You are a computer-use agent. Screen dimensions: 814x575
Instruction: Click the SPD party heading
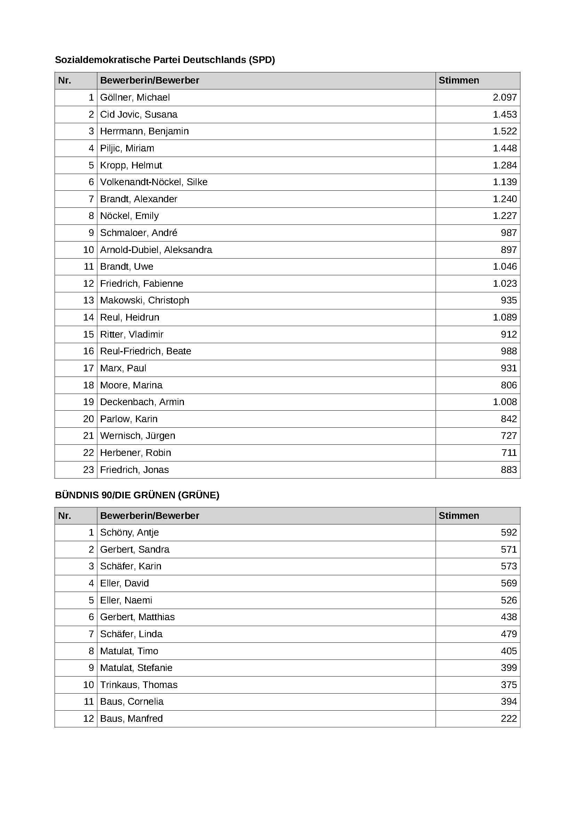tap(165, 60)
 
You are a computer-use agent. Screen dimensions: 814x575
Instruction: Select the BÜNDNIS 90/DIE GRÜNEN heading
tap(137, 495)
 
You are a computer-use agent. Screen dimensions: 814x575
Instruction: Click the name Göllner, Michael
tap(135, 97)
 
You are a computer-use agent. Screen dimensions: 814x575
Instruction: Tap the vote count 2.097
tap(504, 97)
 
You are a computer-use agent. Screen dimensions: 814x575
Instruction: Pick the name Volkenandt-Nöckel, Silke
tap(154, 182)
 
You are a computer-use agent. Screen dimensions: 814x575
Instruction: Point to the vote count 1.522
tap(504, 131)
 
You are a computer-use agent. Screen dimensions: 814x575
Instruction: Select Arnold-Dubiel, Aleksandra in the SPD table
tap(156, 250)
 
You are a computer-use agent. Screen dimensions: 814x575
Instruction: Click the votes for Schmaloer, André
tap(509, 233)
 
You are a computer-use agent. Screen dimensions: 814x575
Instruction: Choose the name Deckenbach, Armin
tap(142, 402)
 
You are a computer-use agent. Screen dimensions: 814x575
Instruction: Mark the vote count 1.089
tap(504, 317)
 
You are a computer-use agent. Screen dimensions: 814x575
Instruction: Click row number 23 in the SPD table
tap(88, 470)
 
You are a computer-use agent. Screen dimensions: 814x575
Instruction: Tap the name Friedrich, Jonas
tap(134, 470)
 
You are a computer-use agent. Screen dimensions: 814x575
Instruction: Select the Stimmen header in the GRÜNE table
tap(459, 515)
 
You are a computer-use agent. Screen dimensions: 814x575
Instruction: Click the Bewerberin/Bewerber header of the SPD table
tap(149, 80)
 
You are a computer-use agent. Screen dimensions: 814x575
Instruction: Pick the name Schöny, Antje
tap(129, 532)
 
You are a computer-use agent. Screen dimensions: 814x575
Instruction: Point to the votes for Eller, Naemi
tap(509, 600)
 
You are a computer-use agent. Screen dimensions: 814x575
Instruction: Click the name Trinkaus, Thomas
tap(138, 685)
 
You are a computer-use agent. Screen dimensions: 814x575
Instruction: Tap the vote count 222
tap(509, 719)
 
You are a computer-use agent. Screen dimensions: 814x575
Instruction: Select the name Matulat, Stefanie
tap(136, 668)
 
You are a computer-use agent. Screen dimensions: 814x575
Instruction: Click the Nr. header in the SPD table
tap(64, 80)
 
